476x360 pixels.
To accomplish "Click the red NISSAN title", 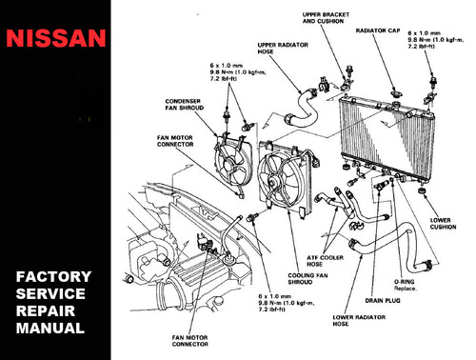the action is [x=56, y=38].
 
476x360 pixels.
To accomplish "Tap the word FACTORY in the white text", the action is [x=53, y=277].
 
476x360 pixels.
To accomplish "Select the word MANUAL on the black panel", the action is [x=50, y=329].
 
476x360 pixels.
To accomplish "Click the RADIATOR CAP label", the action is [x=378, y=30].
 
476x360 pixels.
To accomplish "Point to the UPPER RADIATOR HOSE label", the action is [x=283, y=49].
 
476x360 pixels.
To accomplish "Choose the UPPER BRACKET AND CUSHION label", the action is [x=326, y=18].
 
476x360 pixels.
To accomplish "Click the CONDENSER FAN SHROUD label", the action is [x=185, y=105].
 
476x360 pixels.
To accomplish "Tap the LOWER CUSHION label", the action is [x=443, y=224].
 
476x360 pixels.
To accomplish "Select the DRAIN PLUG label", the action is [x=383, y=301].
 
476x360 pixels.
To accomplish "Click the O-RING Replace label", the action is [x=406, y=285].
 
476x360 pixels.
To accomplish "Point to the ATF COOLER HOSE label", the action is [x=325, y=261].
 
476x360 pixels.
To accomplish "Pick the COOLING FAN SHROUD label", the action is [x=307, y=279].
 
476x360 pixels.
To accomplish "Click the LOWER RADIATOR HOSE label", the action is [x=359, y=321].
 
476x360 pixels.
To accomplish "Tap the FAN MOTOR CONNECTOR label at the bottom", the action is [x=190, y=341].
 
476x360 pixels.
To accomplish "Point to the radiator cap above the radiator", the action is [x=395, y=93].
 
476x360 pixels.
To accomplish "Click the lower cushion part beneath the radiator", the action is [x=422, y=191].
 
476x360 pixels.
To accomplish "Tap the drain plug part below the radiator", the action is [x=380, y=186].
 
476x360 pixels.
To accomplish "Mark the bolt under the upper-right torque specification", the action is [x=432, y=81].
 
